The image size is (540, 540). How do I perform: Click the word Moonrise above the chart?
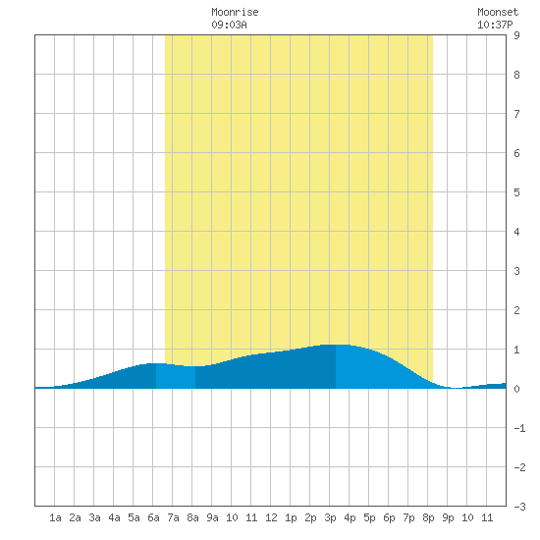(235, 12)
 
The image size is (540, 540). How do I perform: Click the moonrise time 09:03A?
(229, 25)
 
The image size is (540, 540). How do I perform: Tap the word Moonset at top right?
(498, 12)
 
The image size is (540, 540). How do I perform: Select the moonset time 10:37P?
(495, 25)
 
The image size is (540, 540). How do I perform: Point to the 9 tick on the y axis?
(516, 35)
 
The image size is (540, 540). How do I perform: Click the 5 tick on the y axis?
(516, 192)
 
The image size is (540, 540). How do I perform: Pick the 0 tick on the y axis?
(516, 389)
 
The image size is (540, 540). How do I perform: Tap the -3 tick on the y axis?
(519, 507)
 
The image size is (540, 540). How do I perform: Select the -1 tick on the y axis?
(519, 428)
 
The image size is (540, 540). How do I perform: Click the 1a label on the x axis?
(55, 517)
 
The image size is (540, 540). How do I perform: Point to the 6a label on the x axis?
(153, 517)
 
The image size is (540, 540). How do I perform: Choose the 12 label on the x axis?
(271, 517)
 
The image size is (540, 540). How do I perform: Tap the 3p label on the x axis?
(330, 517)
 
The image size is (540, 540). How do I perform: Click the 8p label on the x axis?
(428, 517)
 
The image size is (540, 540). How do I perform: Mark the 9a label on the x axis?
(212, 517)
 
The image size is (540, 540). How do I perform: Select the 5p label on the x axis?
(369, 517)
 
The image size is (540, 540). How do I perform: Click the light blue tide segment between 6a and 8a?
(176, 376)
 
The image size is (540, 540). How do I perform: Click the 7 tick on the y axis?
(516, 114)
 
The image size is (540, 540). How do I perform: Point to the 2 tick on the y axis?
(516, 310)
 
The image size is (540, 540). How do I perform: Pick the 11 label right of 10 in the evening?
(487, 517)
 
